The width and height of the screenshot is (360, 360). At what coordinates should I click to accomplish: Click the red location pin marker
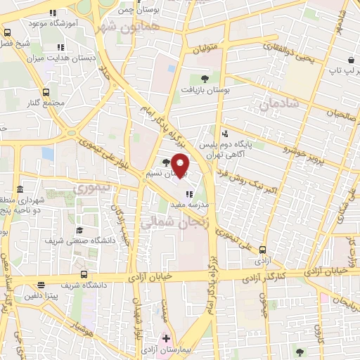coord(181,165)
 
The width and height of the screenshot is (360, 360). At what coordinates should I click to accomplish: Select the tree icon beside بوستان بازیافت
coord(205,79)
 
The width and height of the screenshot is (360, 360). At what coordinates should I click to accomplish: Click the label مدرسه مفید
coord(191,204)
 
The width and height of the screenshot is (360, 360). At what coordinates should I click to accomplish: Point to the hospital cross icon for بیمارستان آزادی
coord(166,338)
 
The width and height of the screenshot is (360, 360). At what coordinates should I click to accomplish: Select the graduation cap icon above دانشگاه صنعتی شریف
coord(79,230)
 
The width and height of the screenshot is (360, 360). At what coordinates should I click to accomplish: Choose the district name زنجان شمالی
coord(176,224)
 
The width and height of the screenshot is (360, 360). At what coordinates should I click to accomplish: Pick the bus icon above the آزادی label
coord(262,249)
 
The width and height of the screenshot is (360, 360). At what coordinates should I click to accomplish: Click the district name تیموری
coord(92,188)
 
